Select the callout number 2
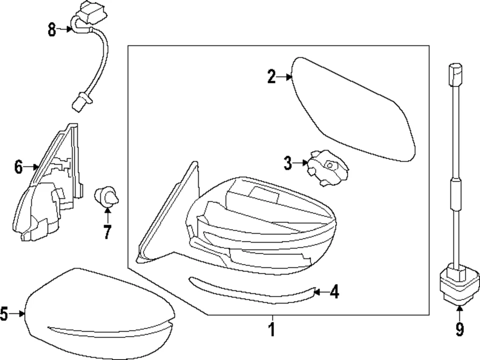(271, 77)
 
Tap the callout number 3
(287, 162)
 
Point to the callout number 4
(333, 292)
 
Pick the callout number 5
(4, 314)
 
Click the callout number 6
(18, 167)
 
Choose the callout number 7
(107, 232)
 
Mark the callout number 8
(52, 29)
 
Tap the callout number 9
(459, 329)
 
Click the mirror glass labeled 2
(352, 110)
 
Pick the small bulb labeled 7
(106, 196)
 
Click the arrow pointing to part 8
(65, 29)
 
